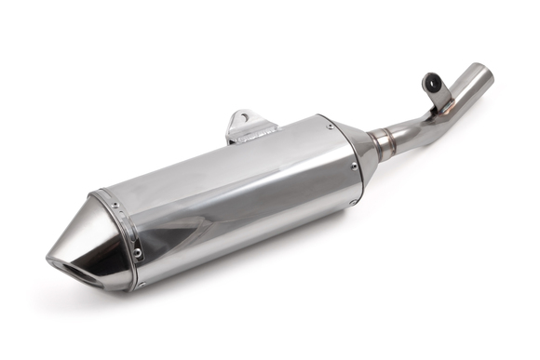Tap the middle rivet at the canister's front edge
click(355, 167)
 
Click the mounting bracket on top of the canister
click(246, 125)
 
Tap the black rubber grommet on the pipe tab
click(432, 83)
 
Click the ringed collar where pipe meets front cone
click(381, 144)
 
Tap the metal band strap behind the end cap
click(119, 237)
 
